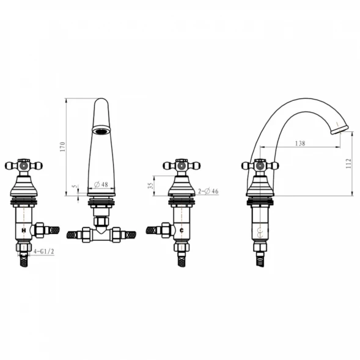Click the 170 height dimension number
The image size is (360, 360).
tap(62, 147)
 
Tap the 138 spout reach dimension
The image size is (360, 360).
tap(300, 143)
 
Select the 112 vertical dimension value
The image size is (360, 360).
tap(348, 163)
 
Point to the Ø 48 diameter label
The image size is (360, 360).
tap(101, 185)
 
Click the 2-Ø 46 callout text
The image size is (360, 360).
tap(208, 191)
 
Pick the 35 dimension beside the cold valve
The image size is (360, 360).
tap(150, 186)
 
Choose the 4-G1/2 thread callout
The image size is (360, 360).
tap(43, 251)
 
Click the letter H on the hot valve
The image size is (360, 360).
tap(23, 230)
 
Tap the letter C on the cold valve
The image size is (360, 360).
tap(182, 230)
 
